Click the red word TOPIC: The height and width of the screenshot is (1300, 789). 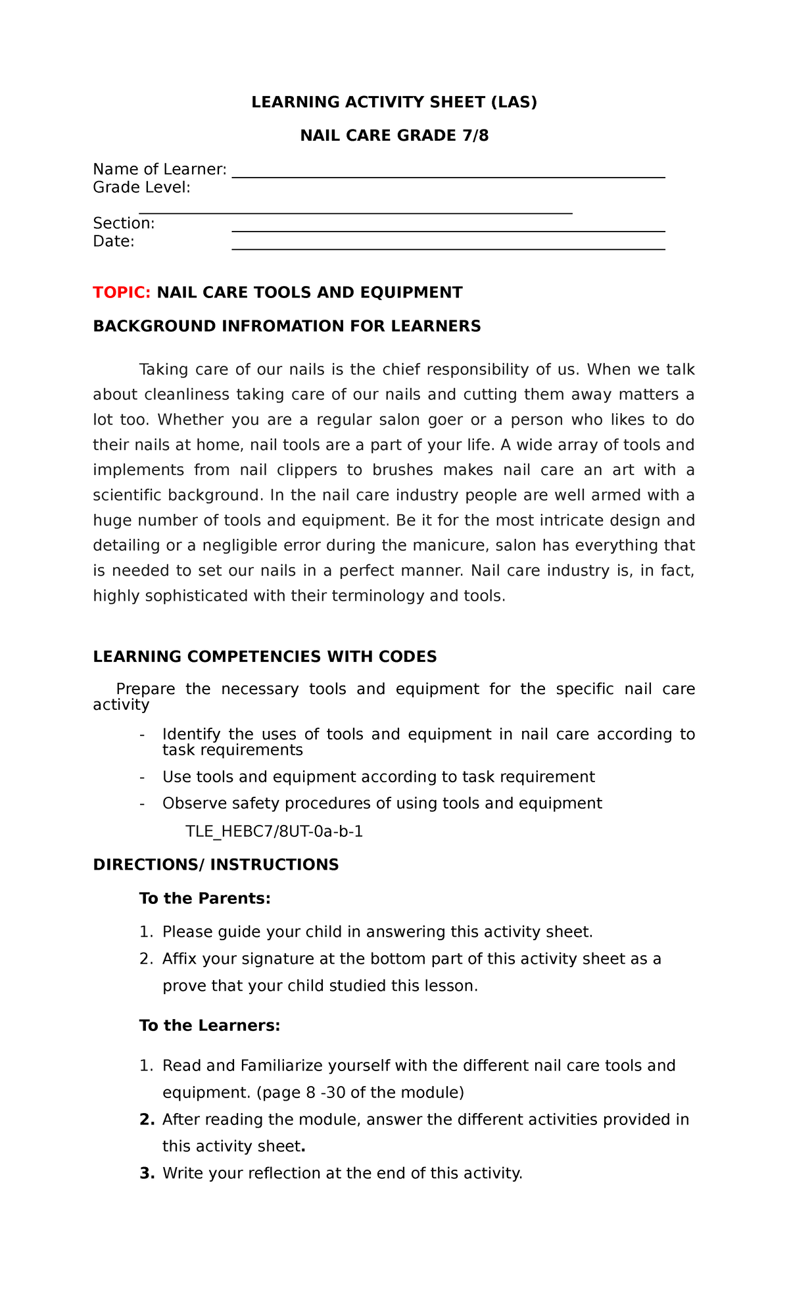click(x=122, y=293)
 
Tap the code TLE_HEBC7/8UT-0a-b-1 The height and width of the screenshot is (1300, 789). click(x=274, y=832)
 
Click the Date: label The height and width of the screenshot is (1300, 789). click(x=114, y=241)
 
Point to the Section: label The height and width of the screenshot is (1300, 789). click(x=124, y=224)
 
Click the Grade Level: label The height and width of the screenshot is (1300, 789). click(x=141, y=187)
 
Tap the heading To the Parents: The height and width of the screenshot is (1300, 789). click(x=204, y=898)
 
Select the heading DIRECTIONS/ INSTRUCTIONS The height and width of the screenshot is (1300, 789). click(x=216, y=864)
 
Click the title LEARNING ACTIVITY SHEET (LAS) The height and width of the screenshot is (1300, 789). click(x=394, y=102)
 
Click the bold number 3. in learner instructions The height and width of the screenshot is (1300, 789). click(x=147, y=1173)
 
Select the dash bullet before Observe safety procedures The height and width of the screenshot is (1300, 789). click(x=142, y=803)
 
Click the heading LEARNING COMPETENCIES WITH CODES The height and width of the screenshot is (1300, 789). click(x=264, y=657)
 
